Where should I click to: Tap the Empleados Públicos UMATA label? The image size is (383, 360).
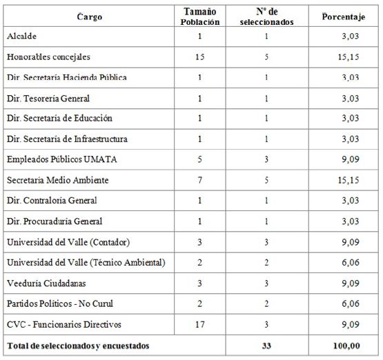point(61,160)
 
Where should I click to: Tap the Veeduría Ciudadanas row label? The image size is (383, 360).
point(47,283)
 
